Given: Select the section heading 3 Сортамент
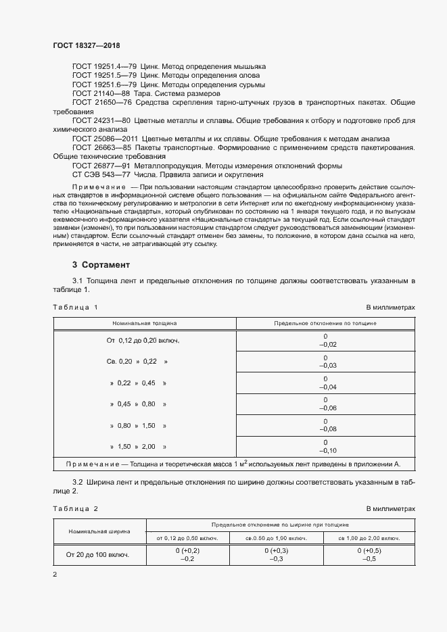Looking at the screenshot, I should [101, 264].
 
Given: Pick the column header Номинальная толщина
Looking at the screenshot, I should [144, 324].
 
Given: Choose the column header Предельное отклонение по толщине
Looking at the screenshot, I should [325, 324].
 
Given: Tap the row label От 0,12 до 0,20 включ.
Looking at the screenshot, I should [143, 341].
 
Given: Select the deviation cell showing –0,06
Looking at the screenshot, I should [325, 408].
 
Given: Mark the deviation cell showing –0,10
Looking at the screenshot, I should [325, 450].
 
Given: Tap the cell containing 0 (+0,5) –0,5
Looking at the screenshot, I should [367, 555].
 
